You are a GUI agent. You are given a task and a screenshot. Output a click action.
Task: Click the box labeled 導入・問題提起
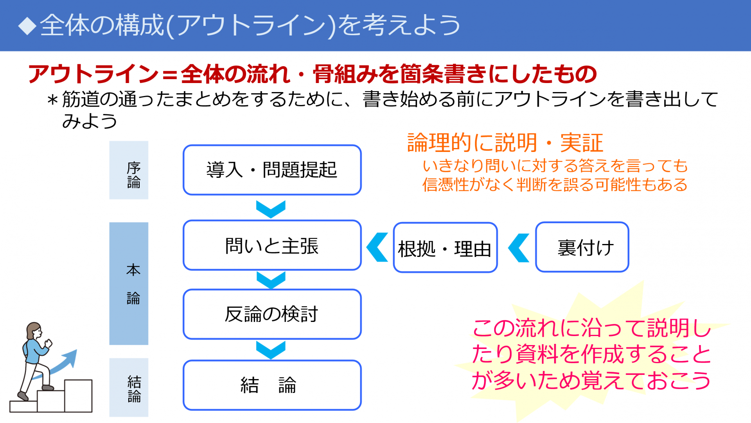click(x=272, y=170)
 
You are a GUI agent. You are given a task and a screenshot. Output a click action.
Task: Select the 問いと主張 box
click(x=272, y=246)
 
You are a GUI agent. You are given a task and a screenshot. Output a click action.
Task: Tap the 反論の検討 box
click(x=272, y=314)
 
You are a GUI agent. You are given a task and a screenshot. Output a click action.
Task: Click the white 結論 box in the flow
click(x=272, y=385)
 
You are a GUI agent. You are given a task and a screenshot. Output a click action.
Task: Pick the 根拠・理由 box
click(x=445, y=248)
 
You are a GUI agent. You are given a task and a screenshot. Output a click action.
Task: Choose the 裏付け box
click(x=582, y=247)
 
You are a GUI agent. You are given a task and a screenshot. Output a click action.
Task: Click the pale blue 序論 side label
click(x=129, y=170)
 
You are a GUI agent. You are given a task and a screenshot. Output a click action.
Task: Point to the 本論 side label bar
click(x=129, y=284)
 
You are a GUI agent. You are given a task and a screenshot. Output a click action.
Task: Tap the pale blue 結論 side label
click(x=129, y=387)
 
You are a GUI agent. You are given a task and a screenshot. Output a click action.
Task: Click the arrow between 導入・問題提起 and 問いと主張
click(x=271, y=209)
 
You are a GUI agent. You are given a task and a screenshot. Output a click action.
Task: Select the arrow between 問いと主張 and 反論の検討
click(x=271, y=280)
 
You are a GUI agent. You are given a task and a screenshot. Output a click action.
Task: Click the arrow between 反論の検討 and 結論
click(x=271, y=350)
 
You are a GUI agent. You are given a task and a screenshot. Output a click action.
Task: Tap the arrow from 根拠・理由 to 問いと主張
click(x=377, y=247)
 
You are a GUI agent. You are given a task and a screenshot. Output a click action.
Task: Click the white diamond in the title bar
click(x=27, y=26)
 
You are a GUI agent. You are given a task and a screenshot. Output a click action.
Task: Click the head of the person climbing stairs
click(x=34, y=331)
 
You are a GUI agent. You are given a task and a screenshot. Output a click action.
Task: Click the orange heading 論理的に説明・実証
click(x=505, y=143)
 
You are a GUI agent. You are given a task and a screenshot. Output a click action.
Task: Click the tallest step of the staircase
click(x=79, y=396)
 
